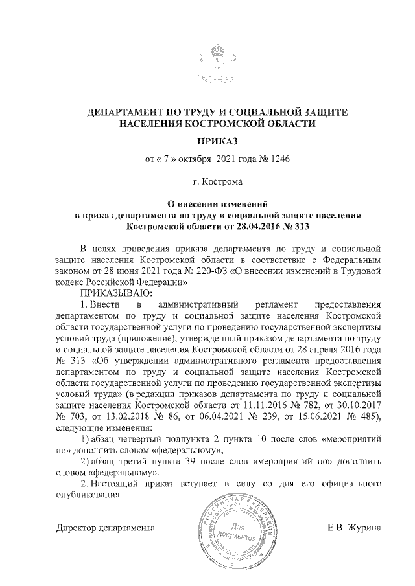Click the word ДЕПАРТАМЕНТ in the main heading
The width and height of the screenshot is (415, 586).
pos(124,113)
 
